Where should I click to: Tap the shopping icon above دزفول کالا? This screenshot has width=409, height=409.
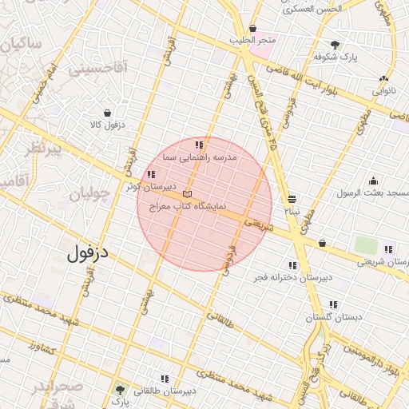pyautogui.click(x=108, y=113)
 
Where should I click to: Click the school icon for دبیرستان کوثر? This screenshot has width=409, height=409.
pyautogui.click(x=151, y=174)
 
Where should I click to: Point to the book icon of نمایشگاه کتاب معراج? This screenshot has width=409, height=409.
pyautogui.click(x=188, y=194)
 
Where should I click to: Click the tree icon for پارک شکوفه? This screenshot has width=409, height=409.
pyautogui.click(x=335, y=45)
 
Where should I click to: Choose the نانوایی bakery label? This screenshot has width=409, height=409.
pyautogui.click(x=384, y=91)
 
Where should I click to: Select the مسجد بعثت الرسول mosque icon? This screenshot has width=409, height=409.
pyautogui.click(x=374, y=181)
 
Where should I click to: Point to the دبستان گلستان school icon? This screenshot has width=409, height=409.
pyautogui.click(x=333, y=304)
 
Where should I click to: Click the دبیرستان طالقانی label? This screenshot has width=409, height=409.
pyautogui.click(x=167, y=391)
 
